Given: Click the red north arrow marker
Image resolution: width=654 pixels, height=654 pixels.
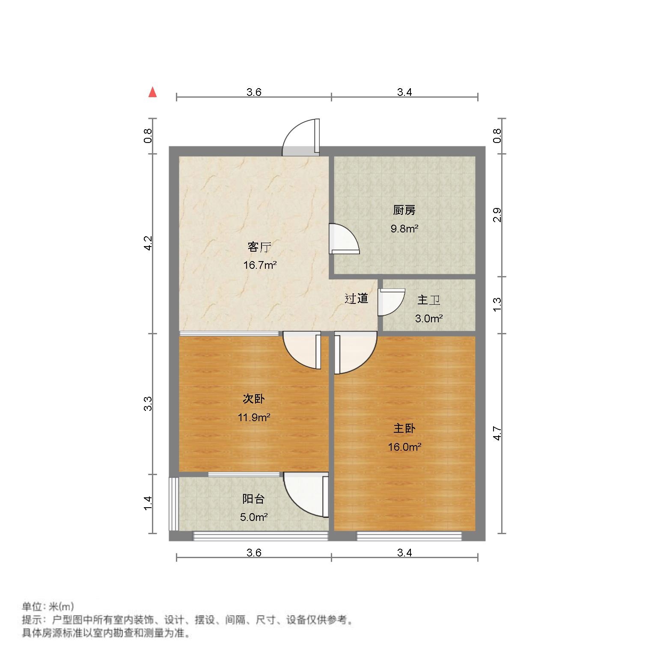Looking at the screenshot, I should pos(152,92).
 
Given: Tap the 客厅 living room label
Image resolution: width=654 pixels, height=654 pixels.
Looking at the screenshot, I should pos(259,247).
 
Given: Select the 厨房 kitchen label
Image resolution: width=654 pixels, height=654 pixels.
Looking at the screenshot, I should pos(404,210).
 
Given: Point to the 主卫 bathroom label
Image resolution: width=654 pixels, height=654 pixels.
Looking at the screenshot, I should pos(428,300).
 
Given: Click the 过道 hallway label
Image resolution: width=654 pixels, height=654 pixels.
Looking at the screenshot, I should pos(357,298).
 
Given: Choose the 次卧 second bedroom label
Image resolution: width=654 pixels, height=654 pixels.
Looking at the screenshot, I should pos(254,399).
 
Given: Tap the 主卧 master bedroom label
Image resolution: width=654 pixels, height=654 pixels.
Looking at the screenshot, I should pos(404,428).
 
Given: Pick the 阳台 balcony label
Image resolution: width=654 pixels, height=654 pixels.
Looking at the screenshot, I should pos(254,499).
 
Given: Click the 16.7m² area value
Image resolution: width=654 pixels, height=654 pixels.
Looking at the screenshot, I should pos(260,265).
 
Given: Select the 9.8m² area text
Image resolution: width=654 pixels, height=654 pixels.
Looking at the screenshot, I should pos(404,229).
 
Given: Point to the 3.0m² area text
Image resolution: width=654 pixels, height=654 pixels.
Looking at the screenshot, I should pos(428,318).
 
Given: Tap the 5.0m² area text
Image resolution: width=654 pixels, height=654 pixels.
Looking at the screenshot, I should pos(254,517).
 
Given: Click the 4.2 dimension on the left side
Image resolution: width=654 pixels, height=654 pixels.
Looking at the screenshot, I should pos(148,243).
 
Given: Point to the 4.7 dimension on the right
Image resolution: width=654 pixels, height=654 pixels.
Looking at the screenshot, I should pos(497,433).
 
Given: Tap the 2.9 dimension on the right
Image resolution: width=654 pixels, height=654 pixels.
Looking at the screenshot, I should pos(497,215).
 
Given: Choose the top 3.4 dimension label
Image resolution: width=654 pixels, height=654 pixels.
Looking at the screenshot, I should pos(404,92).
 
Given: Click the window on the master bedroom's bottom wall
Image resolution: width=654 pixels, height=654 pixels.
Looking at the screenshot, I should pos(409,535).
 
